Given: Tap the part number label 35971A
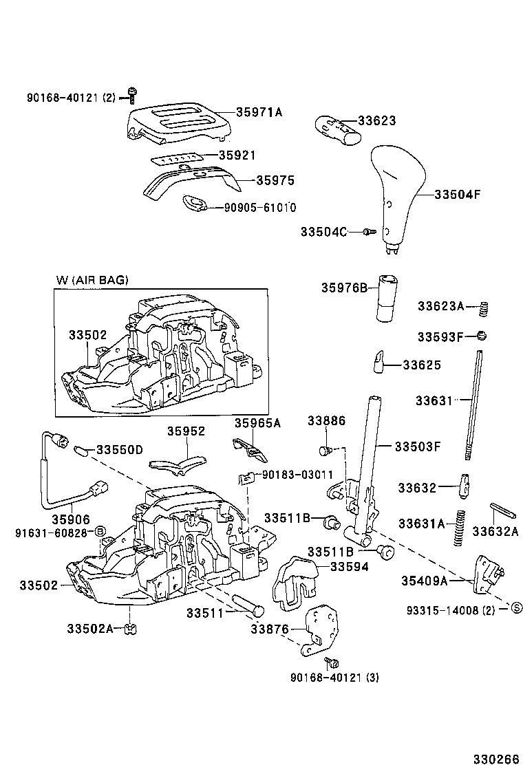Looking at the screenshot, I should coord(259,112).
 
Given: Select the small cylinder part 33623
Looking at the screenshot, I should coord(337,129).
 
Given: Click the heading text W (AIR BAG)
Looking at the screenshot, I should coord(92,279).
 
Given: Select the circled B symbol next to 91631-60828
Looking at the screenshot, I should coord(99,532).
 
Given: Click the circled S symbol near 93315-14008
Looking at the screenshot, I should coord(513,608).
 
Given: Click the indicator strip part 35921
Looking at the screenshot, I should coord(175,158).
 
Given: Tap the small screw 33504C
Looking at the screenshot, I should coord(367,232).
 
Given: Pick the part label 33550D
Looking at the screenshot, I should coord(119,450).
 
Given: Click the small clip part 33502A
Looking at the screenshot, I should coord(127,628).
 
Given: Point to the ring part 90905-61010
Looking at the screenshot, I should coord(194,204).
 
